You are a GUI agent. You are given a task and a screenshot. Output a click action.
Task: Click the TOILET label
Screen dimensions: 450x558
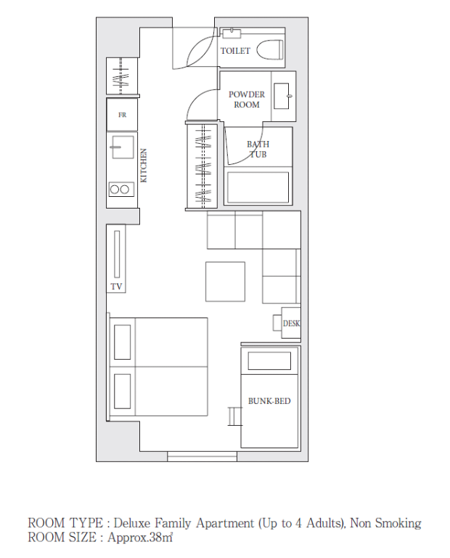pyautogui.click(x=235, y=51)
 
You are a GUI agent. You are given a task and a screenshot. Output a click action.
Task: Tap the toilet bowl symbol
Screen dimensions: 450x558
pyautogui.click(x=270, y=50)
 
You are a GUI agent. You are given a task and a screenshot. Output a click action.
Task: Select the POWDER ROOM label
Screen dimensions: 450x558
pyautogui.click(x=247, y=100)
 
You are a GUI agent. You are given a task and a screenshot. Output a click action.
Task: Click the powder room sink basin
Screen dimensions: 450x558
pyautogui.click(x=282, y=96)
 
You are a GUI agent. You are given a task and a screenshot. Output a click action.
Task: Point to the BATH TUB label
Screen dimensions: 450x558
pyautogui.click(x=258, y=149)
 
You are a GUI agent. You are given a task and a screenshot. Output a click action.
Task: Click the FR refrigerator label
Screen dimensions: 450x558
pyautogui.click(x=122, y=115)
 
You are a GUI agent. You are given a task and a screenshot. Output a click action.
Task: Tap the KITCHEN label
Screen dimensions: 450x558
pyautogui.click(x=144, y=166)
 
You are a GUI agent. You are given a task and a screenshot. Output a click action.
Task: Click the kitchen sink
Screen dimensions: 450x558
pyautogui.click(x=122, y=147)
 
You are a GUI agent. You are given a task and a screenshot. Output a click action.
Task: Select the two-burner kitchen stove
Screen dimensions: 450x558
pyautogui.click(x=121, y=190)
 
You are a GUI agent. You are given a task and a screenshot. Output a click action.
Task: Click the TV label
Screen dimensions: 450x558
pyautogui.click(x=116, y=286)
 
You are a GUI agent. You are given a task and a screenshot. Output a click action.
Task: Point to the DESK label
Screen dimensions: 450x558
pyautogui.click(x=292, y=323)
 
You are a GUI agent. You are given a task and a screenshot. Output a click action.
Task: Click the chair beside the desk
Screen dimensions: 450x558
pyautogui.click(x=277, y=323)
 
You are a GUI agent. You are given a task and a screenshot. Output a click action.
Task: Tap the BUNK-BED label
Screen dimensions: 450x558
pyautogui.click(x=269, y=401)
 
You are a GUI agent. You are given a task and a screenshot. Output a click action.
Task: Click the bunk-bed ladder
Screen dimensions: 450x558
pyautogui.click(x=234, y=416)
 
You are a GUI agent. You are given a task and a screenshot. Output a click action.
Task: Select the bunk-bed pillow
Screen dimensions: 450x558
pyautogui.click(x=269, y=361)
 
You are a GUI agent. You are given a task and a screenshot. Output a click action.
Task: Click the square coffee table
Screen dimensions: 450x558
pyautogui.click(x=225, y=282)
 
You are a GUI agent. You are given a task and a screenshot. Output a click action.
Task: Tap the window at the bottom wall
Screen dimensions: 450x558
pyautogui.click(x=202, y=456)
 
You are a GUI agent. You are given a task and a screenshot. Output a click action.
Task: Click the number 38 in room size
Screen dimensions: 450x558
pyautogui.click(x=156, y=538)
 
